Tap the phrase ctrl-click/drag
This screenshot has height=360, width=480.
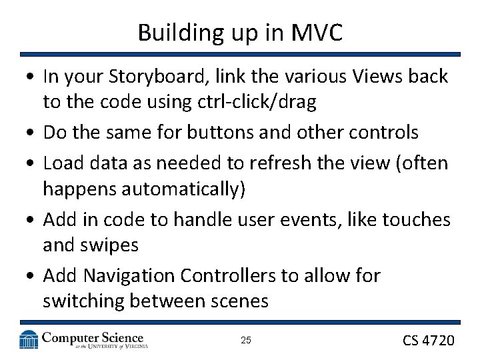[x=256, y=103]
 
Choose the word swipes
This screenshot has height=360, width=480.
[x=110, y=245]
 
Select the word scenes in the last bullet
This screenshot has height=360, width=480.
[x=235, y=301]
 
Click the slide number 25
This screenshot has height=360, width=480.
[x=245, y=341]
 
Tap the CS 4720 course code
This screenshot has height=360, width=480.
[x=428, y=341]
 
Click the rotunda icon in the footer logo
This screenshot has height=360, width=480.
[x=29, y=339]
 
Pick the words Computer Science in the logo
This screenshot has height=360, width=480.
[x=93, y=337]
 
